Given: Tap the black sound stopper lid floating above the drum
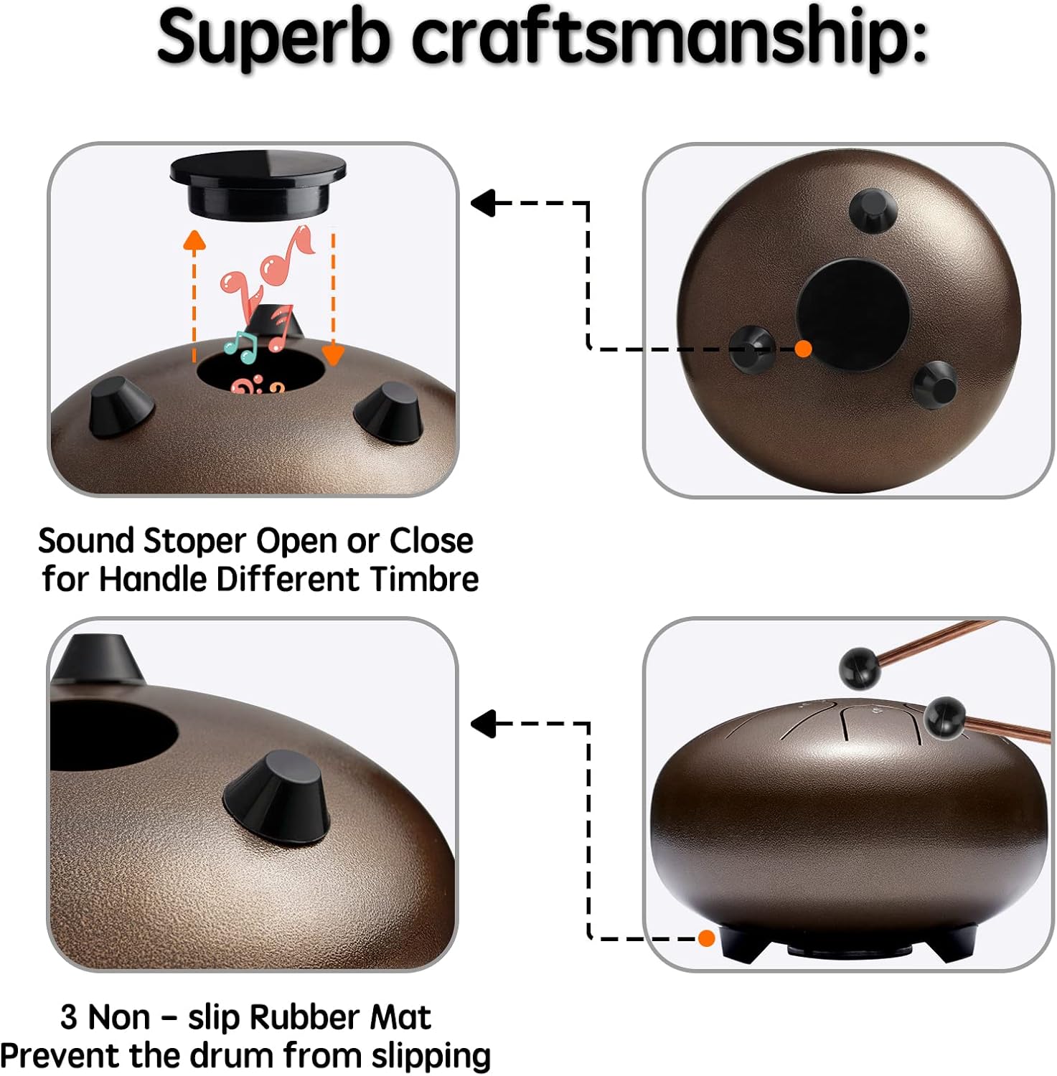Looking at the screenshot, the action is click(258, 184).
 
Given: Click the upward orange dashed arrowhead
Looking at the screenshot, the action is click(194, 240).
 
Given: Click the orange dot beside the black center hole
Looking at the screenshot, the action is click(804, 349).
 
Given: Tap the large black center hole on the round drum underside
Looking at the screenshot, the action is click(853, 314).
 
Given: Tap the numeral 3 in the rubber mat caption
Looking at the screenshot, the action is click(69, 1017).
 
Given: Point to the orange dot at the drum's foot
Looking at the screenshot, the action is click(706, 938).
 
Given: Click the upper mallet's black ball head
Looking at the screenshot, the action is click(860, 669).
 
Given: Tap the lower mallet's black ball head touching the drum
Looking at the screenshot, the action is click(944, 717).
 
